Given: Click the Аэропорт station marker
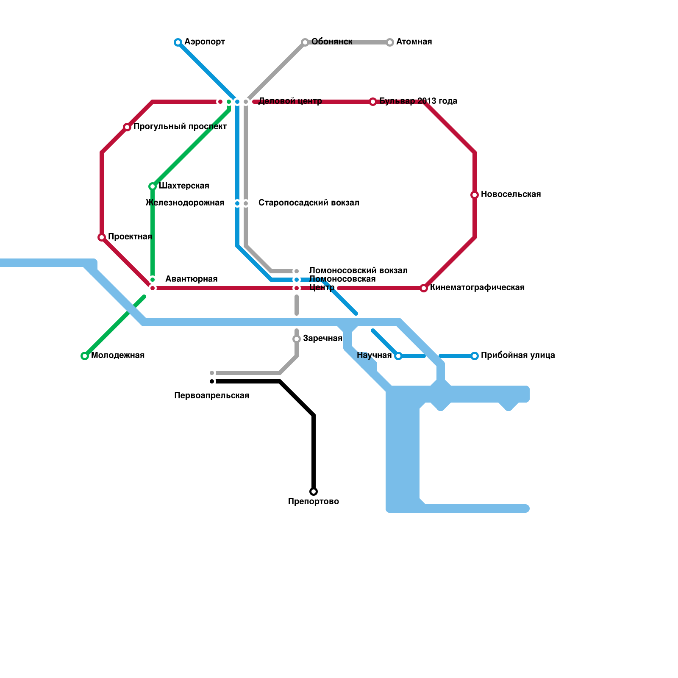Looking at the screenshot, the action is pyautogui.click(x=178, y=42).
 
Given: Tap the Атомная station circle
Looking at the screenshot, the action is pyautogui.click(x=390, y=42).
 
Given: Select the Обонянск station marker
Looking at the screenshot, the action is pyautogui.click(x=305, y=42).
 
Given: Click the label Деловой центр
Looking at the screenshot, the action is pyautogui.click(x=290, y=101).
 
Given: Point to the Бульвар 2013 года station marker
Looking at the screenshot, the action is pyautogui.click(x=373, y=102).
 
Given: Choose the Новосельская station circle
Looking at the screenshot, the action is pyautogui.click(x=475, y=195).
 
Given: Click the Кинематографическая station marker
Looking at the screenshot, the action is pyautogui.click(x=424, y=288).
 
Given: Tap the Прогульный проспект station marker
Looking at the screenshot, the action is pyautogui.click(x=127, y=127).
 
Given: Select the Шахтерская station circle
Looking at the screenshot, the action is pyautogui.click(x=153, y=186).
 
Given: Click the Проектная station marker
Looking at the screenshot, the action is pyautogui.click(x=102, y=237).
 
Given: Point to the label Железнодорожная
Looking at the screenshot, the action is pyautogui.click(x=185, y=203).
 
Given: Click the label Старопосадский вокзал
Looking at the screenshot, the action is pyautogui.click(x=308, y=203).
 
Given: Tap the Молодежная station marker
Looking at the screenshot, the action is pyautogui.click(x=85, y=356).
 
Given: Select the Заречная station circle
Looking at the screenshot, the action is pyautogui.click(x=297, y=339).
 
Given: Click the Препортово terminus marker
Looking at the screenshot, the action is pyautogui.click(x=314, y=492).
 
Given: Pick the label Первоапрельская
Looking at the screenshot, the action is pyautogui.click(x=211, y=396).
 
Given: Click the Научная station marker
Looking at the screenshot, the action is pyautogui.click(x=398, y=356).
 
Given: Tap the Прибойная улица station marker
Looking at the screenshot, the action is pyautogui.click(x=475, y=356).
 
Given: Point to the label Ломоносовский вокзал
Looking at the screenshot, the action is pyautogui.click(x=358, y=271).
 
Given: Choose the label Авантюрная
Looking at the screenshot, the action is pyautogui.click(x=191, y=279).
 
